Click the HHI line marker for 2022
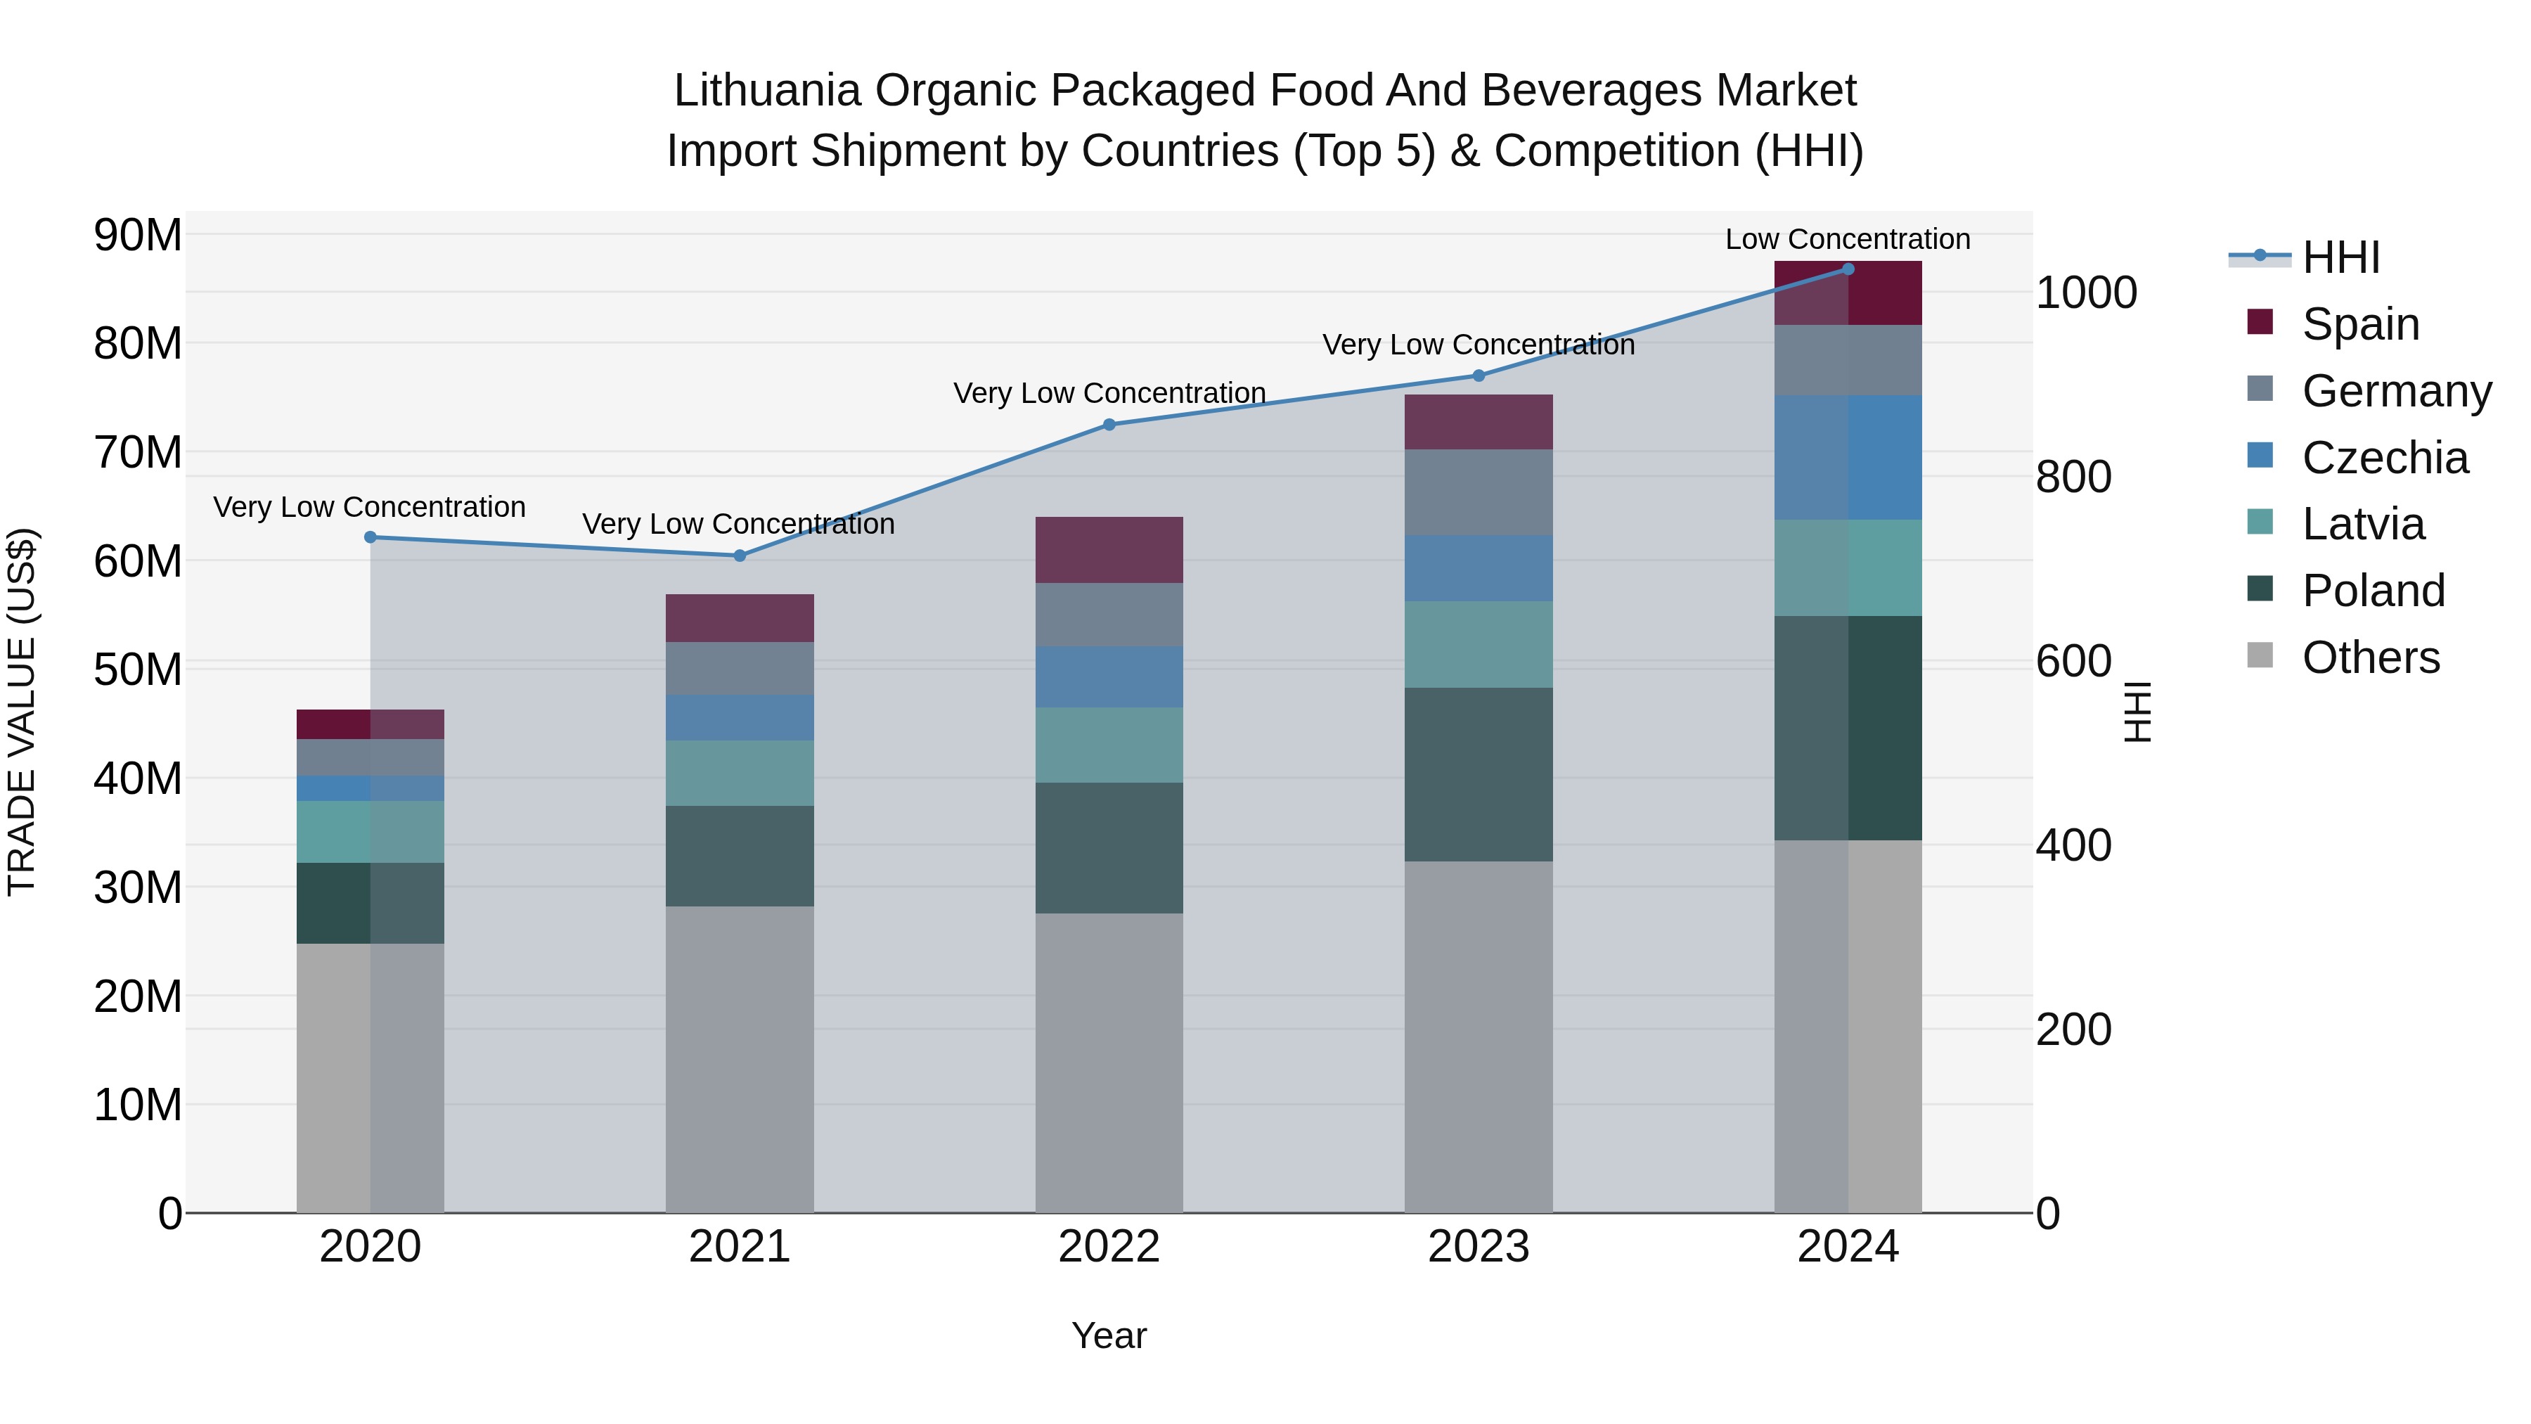coord(1109,425)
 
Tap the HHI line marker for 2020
coord(371,537)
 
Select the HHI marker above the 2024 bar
coord(1848,269)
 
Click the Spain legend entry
coord(2360,324)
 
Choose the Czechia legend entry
coord(2385,458)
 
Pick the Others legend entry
coord(2370,658)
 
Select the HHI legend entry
coord(2340,257)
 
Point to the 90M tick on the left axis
coord(138,236)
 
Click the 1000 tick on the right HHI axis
coord(2086,293)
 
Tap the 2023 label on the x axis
coord(1478,1247)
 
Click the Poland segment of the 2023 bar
coord(1478,774)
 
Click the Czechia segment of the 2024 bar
coord(1848,457)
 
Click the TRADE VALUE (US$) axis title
coord(22,712)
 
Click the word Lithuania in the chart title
coord(766,91)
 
